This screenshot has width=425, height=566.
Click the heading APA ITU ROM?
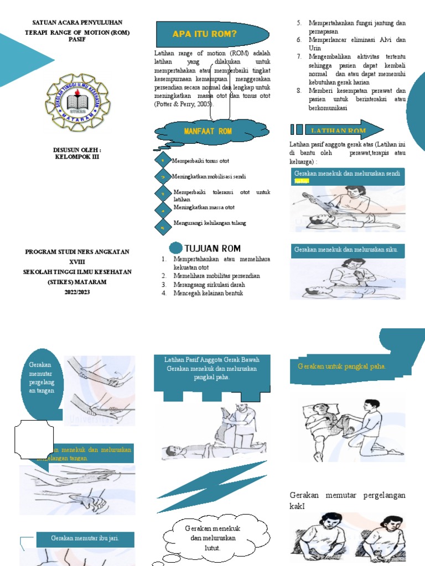205,34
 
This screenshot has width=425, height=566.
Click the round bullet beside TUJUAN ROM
175,248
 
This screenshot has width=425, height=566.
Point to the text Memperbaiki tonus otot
201,160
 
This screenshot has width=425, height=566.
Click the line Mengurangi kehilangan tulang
209,223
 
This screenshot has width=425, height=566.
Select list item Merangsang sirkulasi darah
209,285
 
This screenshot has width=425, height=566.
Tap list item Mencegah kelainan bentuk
208,294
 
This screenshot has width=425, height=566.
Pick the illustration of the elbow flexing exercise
346,279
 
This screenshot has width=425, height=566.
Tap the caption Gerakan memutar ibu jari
85,538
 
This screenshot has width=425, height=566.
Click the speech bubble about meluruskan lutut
205,538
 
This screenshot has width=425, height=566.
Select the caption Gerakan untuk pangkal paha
342,366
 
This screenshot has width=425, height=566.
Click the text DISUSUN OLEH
77,149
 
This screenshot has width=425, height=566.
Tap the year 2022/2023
77,292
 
